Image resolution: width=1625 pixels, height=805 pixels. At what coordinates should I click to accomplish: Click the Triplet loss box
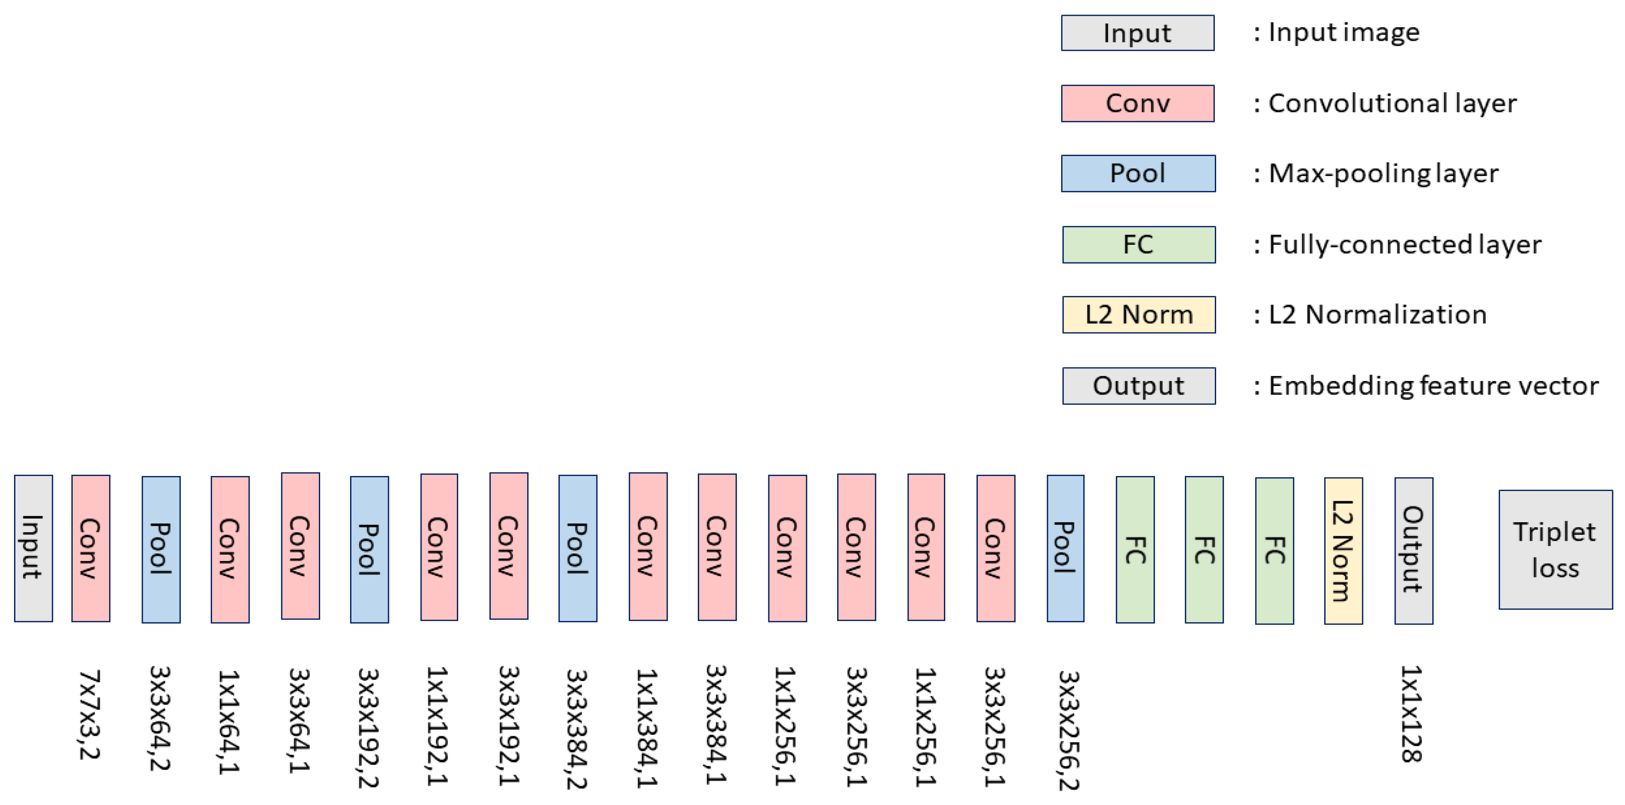(x=1555, y=549)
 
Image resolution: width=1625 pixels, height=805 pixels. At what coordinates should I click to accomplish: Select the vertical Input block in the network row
(x=33, y=548)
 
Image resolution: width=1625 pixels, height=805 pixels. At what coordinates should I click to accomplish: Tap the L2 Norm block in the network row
(x=1343, y=551)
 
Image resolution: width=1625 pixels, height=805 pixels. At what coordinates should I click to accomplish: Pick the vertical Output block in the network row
(x=1413, y=551)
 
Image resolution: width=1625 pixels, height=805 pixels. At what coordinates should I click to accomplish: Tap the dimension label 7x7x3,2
(x=90, y=714)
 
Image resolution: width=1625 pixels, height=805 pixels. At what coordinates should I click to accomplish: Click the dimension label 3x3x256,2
(x=1069, y=730)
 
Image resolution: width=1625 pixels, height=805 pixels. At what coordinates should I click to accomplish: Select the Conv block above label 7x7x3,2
(x=91, y=548)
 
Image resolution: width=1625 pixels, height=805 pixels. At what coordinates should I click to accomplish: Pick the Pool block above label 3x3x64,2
(x=161, y=549)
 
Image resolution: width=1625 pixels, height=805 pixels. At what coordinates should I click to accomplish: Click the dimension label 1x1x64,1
(x=229, y=722)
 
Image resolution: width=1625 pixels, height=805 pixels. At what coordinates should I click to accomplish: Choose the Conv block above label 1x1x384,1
(x=648, y=547)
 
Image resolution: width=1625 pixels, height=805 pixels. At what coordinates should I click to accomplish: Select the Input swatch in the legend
(x=1137, y=33)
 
